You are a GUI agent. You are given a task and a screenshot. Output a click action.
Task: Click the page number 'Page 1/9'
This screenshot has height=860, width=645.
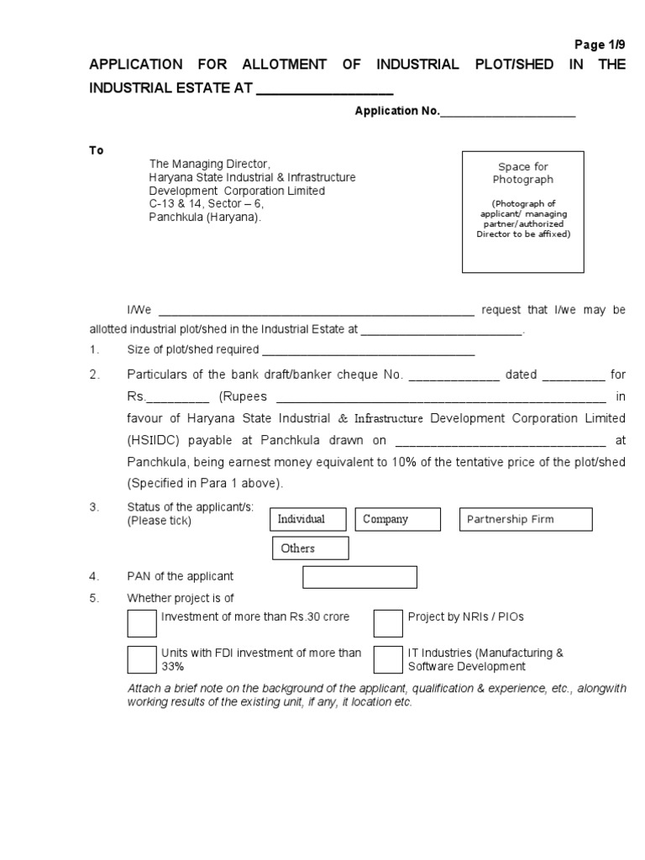pyautogui.click(x=600, y=45)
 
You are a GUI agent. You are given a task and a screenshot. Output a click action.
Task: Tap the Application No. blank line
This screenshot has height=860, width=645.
pyautogui.click(x=507, y=113)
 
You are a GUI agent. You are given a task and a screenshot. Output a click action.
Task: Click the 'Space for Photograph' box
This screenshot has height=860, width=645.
pyautogui.click(x=522, y=212)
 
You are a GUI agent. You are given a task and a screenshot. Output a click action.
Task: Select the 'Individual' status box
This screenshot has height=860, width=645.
pyautogui.click(x=307, y=520)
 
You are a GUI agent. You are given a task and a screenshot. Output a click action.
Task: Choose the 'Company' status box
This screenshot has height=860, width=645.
pyautogui.click(x=398, y=520)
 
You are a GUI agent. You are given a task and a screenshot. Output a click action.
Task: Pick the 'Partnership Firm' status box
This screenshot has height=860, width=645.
pyautogui.click(x=525, y=520)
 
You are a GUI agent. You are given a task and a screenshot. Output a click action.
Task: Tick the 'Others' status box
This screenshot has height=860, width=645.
pyautogui.click(x=310, y=548)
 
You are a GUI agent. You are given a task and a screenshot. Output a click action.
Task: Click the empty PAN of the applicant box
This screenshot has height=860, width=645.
pyautogui.click(x=359, y=577)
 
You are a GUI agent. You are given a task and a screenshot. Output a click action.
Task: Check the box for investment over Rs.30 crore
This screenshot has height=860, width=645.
pyautogui.click(x=142, y=624)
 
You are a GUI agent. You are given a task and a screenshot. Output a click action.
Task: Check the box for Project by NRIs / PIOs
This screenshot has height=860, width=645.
pyautogui.click(x=388, y=624)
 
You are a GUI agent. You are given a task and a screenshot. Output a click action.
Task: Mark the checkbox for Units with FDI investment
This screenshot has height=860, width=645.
pyautogui.click(x=142, y=659)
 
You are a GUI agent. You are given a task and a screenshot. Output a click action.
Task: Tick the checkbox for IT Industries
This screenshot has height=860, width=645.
pyautogui.click(x=388, y=659)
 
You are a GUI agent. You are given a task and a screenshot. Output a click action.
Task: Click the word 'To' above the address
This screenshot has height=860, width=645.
pyautogui.click(x=97, y=150)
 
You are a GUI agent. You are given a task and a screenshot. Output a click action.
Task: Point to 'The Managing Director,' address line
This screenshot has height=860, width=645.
pyautogui.click(x=210, y=164)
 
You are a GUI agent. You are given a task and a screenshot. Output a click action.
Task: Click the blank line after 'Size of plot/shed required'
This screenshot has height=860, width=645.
pyautogui.click(x=369, y=351)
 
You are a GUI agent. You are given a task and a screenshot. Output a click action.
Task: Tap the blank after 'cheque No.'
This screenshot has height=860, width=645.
pyautogui.click(x=454, y=375)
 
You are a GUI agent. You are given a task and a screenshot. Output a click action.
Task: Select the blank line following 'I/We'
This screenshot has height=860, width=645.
pyautogui.click(x=316, y=311)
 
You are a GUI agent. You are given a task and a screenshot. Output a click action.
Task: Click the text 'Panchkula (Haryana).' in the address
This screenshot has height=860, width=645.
pyautogui.click(x=206, y=217)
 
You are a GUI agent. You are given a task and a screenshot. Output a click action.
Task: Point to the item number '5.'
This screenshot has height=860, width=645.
pyautogui.click(x=95, y=598)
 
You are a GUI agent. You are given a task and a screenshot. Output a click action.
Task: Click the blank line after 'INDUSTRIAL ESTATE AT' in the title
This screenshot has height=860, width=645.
pyautogui.click(x=324, y=89)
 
